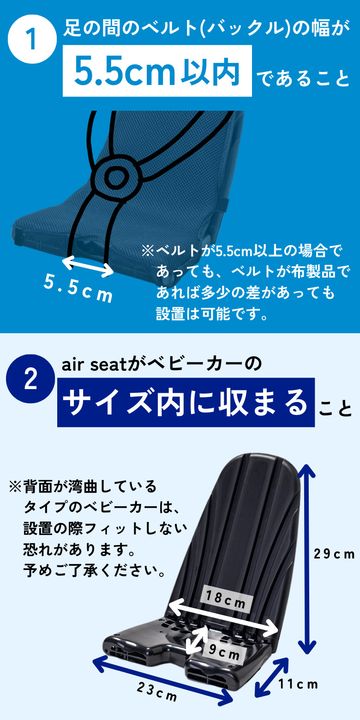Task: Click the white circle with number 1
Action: pos(32,39)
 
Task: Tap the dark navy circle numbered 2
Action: pos(30,378)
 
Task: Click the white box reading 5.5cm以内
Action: pos(157,71)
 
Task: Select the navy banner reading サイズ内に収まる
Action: pos(186,402)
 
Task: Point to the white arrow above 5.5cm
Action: pos(87,266)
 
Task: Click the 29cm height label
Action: pos(334,554)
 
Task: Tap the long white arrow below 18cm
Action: pos(223,617)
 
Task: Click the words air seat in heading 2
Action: pos(95,365)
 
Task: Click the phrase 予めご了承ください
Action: pos(95,570)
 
